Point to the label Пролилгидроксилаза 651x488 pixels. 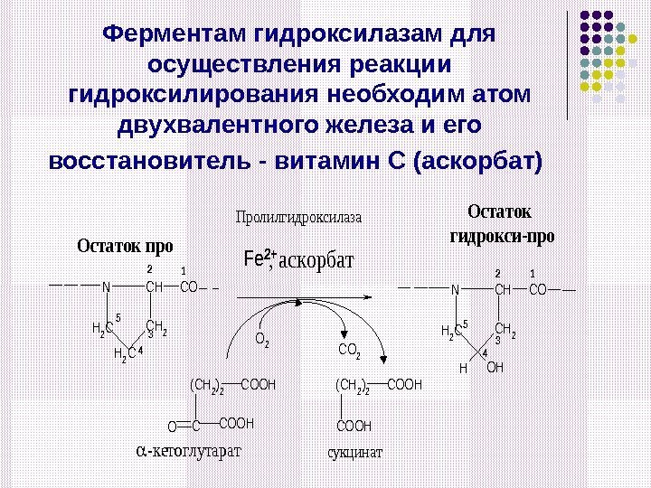click(297, 218)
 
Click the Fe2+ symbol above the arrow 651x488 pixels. click(259, 258)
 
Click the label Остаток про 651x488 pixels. click(125, 245)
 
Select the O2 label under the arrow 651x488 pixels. click(262, 341)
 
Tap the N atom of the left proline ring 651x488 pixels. click(106, 287)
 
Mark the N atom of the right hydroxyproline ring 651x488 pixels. click(454, 289)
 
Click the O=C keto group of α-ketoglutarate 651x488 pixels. click(184, 424)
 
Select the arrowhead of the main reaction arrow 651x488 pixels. click(370, 295)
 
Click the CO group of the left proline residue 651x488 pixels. click(189, 287)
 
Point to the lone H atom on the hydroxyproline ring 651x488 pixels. click(462, 369)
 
